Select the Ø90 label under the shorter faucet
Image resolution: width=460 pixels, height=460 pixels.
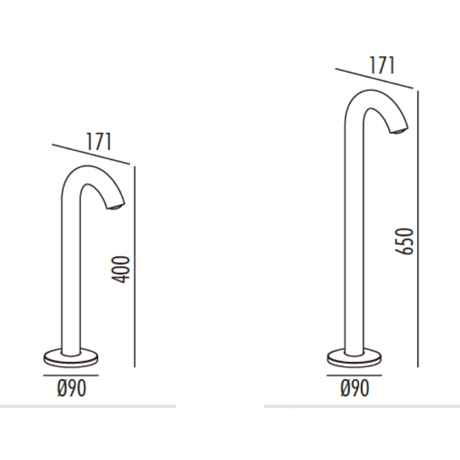point(72,389)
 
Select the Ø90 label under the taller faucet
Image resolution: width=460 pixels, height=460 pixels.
point(354,389)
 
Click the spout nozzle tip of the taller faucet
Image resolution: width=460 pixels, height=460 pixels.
point(398,131)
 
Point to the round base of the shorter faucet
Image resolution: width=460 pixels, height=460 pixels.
point(71,358)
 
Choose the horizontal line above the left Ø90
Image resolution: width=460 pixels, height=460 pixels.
point(71,375)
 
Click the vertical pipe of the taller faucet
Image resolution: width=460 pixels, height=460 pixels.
point(354,241)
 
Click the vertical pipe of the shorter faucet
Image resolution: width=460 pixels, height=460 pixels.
point(71,276)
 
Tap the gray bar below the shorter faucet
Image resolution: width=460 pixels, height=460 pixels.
point(86,406)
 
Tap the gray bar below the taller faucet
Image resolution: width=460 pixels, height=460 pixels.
point(361,406)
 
